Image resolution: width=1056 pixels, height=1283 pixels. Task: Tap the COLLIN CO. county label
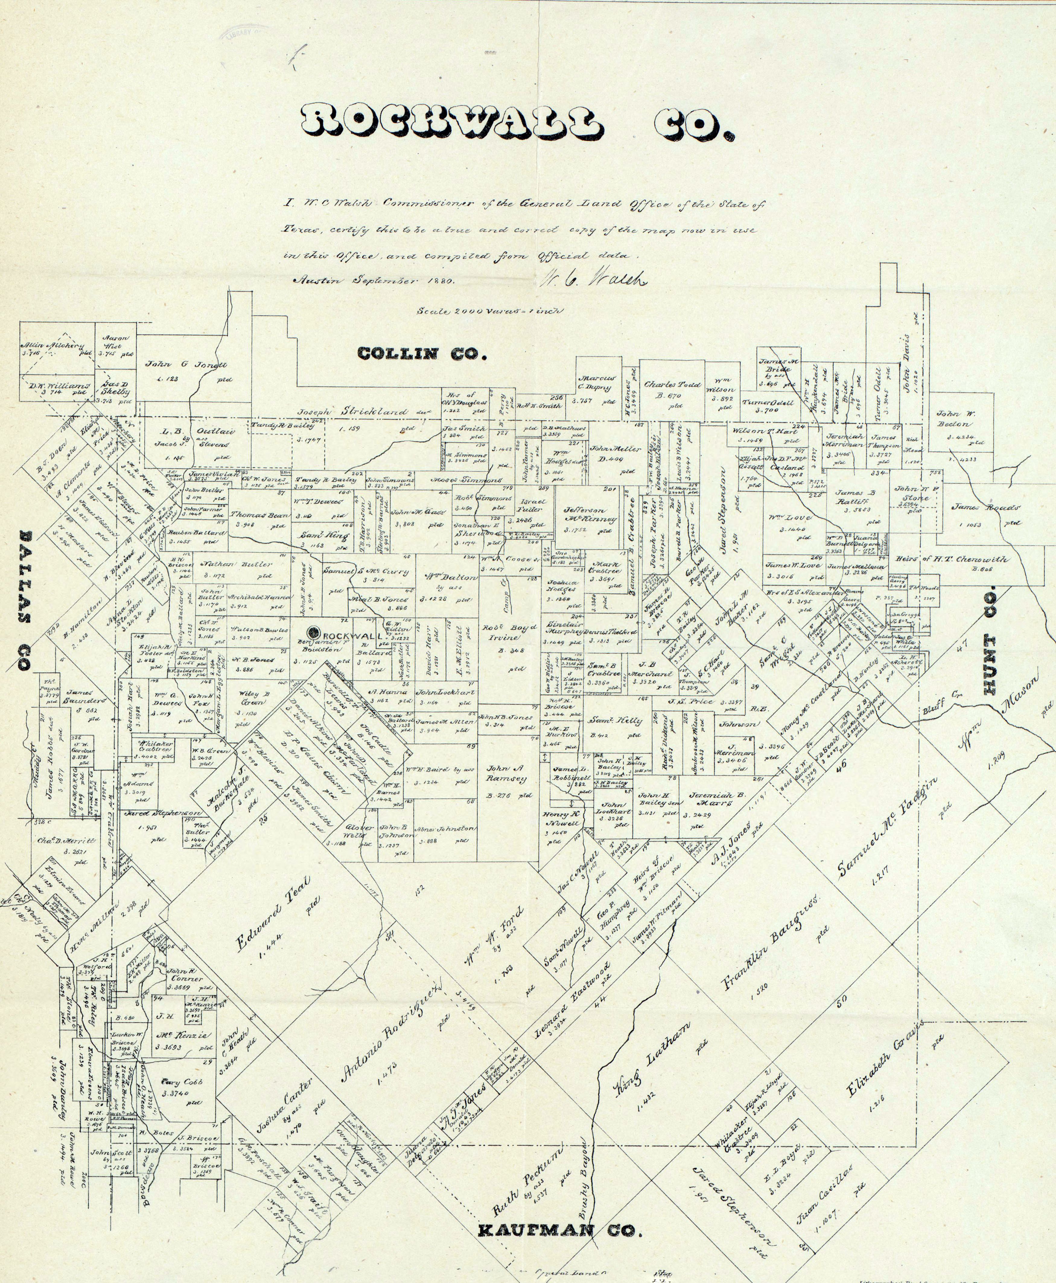pyautogui.click(x=421, y=353)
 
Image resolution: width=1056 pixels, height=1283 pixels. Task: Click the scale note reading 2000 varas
pyautogui.click(x=489, y=311)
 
